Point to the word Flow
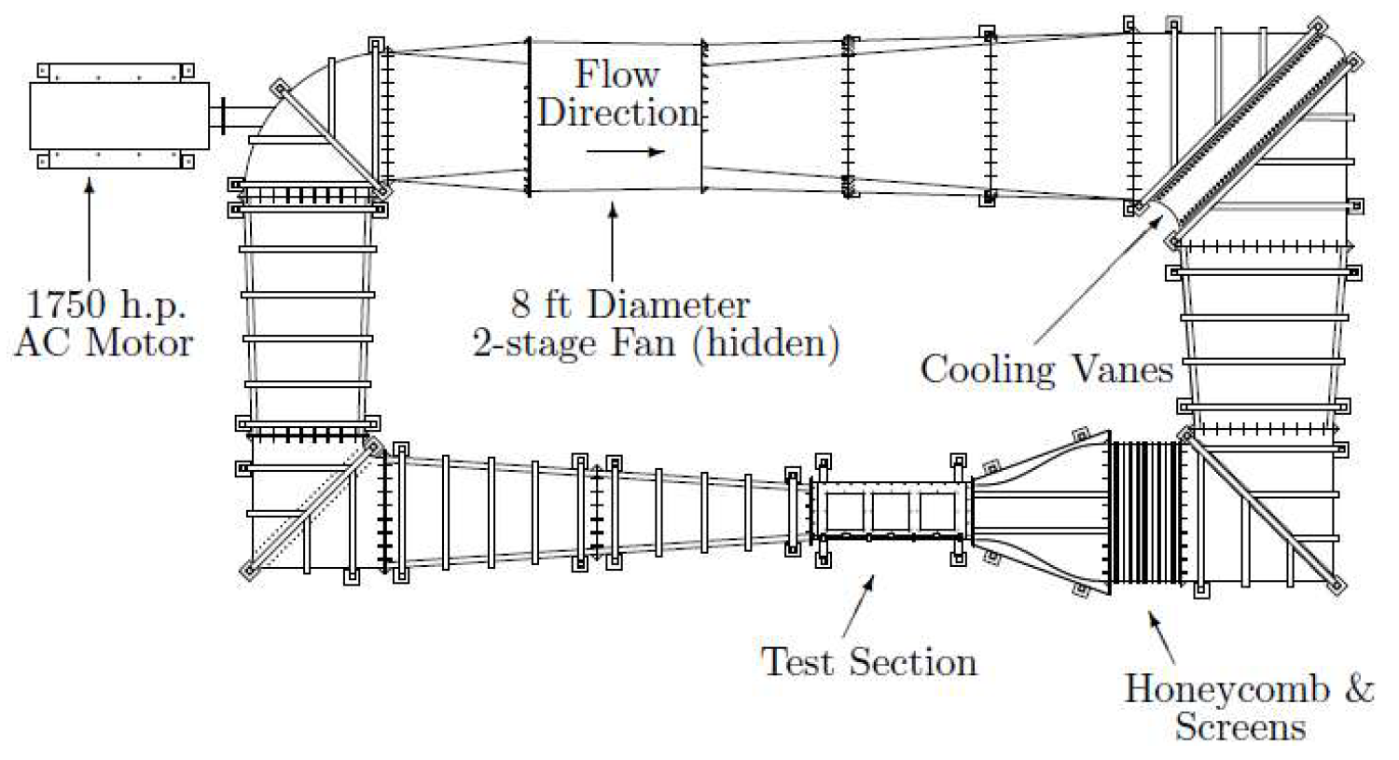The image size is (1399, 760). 616,75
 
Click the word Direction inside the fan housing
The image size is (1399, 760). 617,113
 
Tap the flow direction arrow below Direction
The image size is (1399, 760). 625,152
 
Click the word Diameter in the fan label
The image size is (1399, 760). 670,305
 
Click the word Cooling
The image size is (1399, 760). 987,369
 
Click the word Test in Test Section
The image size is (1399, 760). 795,662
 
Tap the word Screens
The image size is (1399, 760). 1240,727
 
